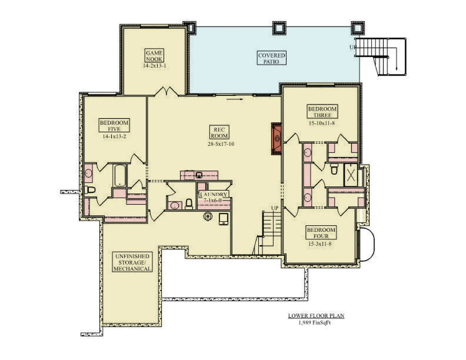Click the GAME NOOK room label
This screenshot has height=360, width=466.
154,56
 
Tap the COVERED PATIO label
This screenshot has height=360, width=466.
272,58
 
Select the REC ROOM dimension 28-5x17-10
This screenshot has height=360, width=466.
218,144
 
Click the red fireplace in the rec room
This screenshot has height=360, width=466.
276,139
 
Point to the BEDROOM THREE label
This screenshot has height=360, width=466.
322,112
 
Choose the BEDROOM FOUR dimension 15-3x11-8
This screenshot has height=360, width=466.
321,244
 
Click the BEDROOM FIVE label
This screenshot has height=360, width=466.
114,125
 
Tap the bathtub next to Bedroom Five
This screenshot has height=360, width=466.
119,175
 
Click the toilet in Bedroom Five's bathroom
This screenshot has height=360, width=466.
90,190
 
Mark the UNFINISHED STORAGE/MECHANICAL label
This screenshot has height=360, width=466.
133,263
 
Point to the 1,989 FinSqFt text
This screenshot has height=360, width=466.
314,323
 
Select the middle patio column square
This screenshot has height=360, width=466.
279,28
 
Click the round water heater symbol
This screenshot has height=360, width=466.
208,217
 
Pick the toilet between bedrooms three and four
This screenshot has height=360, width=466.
334,170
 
